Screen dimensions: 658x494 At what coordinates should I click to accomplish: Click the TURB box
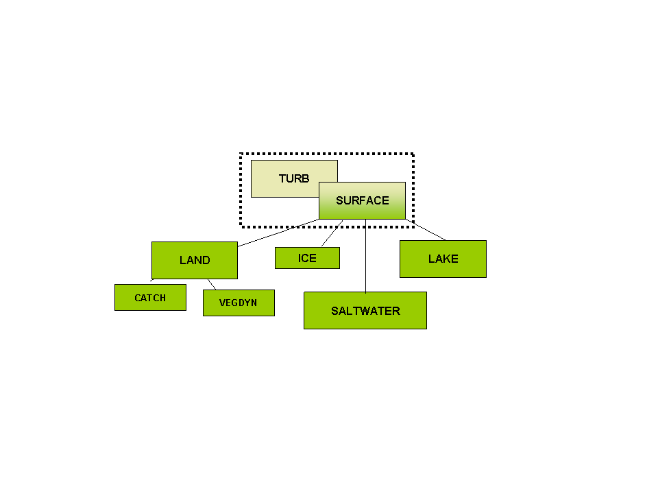pos(285,178)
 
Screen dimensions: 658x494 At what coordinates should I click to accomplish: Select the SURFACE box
pos(362,201)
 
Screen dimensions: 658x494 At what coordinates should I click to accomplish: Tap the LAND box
pos(195,261)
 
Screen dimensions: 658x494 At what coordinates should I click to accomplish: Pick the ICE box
pos(307,258)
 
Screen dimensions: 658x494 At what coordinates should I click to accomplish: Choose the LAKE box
pos(443,259)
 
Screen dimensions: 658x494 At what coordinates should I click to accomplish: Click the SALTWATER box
pos(365,310)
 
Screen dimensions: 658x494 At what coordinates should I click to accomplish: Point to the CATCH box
pos(150,297)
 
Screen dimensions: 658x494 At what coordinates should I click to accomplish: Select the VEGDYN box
pos(239,303)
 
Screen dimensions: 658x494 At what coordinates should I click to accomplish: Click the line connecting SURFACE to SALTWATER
pos(365,256)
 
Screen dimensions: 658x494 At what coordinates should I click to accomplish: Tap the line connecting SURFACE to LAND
pos(278,233)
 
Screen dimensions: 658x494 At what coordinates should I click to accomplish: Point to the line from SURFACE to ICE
pos(332,233)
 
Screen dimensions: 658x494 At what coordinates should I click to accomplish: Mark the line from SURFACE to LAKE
pos(426,230)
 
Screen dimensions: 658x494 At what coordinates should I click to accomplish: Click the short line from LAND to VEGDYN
pos(212,284)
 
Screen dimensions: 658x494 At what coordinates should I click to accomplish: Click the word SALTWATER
pos(365,311)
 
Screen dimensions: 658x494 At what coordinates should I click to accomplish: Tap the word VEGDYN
pos(238,303)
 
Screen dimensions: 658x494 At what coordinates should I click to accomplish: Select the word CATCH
pos(150,298)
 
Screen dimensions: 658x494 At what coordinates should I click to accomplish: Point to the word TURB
pos(294,178)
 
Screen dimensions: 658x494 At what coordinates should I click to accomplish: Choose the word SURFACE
pos(363,200)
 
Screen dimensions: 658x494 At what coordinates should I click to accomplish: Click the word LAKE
pos(443,259)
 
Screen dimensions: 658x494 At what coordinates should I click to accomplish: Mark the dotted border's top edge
pos(327,154)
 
